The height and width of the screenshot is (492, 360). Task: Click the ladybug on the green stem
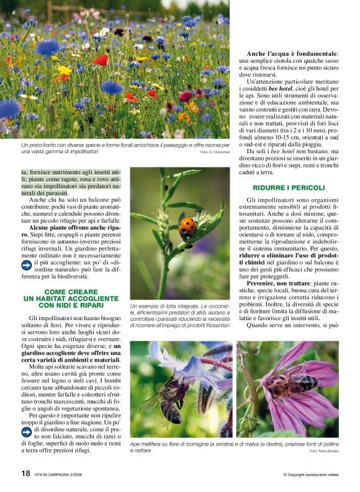pos(187,226)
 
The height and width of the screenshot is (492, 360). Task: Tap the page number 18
pos(26,473)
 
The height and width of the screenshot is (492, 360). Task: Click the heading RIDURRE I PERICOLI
pos(289,187)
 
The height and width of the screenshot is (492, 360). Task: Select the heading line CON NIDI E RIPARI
pos(71,305)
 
